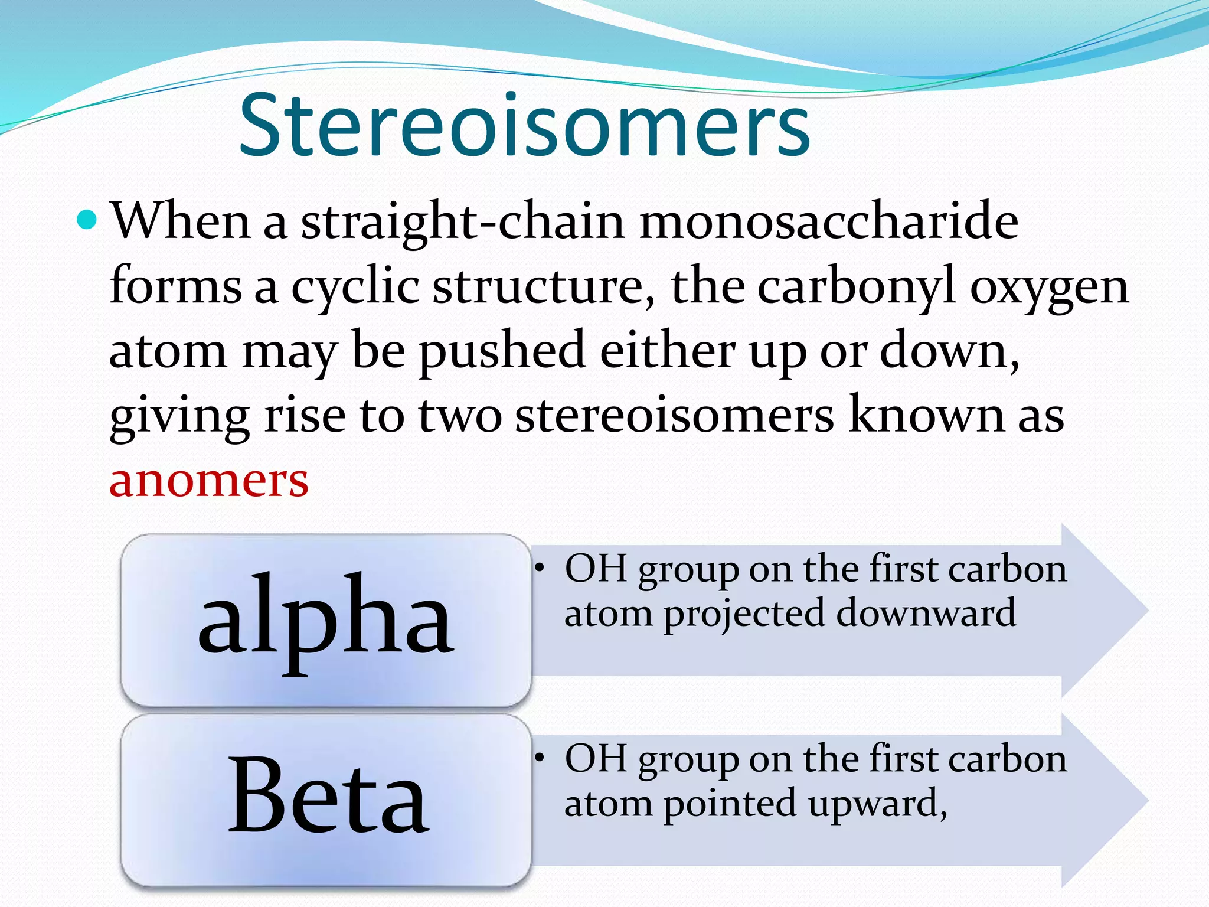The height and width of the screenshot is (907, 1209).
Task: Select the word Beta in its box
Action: tap(328, 797)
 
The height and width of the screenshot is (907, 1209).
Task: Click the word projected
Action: tap(744, 614)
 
